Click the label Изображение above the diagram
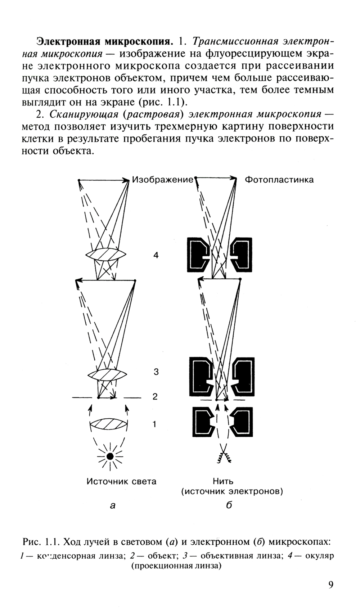click(162, 179)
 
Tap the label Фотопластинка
click(279, 180)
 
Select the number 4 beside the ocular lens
click(156, 255)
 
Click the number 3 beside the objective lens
click(156, 372)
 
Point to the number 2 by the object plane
click(155, 397)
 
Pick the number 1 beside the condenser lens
click(154, 424)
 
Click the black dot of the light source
click(110, 456)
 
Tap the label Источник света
click(121, 481)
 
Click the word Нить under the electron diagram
click(223, 481)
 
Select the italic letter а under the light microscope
click(113, 506)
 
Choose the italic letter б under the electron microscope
click(229, 505)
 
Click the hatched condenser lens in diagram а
click(108, 424)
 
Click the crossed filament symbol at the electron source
click(224, 457)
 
